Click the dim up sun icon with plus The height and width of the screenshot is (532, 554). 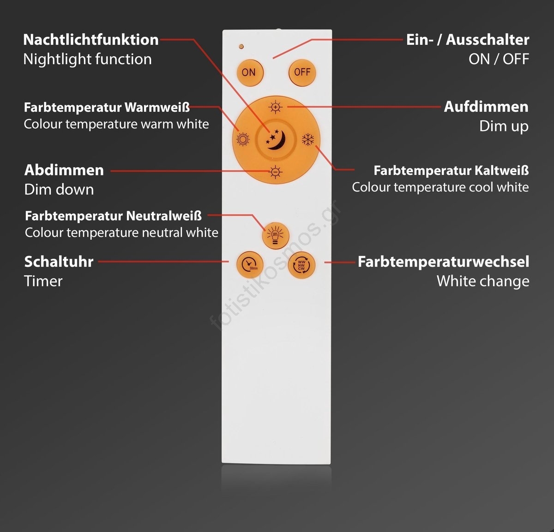(x=275, y=107)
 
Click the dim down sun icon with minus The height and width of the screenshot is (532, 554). (x=275, y=172)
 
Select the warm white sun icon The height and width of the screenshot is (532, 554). (x=242, y=139)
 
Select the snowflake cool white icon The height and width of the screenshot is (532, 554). (x=308, y=139)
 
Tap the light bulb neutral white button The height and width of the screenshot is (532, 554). (x=275, y=236)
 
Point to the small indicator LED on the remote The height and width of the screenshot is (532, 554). (x=241, y=46)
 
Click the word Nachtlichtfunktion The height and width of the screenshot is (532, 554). (x=91, y=40)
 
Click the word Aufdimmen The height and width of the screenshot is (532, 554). (x=486, y=107)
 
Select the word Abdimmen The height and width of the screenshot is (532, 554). (x=64, y=170)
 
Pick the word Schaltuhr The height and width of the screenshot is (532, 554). (x=59, y=262)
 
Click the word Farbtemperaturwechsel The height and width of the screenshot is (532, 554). (x=444, y=262)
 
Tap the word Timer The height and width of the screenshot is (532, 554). (x=43, y=281)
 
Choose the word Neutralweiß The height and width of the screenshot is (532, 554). (x=164, y=216)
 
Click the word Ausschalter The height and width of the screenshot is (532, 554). (x=488, y=40)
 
